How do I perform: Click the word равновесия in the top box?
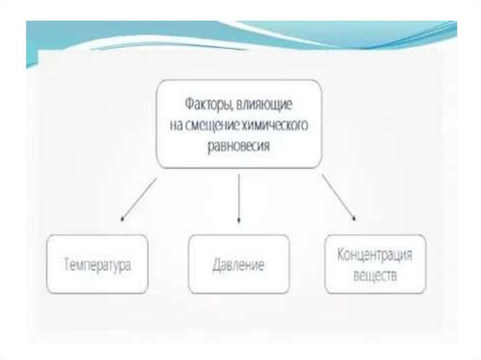(x=239, y=146)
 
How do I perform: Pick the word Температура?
(x=97, y=265)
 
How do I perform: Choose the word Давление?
(x=238, y=265)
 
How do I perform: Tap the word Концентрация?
(x=375, y=256)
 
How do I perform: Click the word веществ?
(x=374, y=276)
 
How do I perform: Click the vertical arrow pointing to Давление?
(x=239, y=197)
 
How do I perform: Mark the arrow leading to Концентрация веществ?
(x=338, y=197)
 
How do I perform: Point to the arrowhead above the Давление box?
(x=239, y=219)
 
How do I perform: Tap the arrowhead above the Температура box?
(x=122, y=218)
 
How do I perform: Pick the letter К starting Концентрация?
(x=341, y=256)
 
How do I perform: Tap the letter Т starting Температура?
(x=67, y=265)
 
